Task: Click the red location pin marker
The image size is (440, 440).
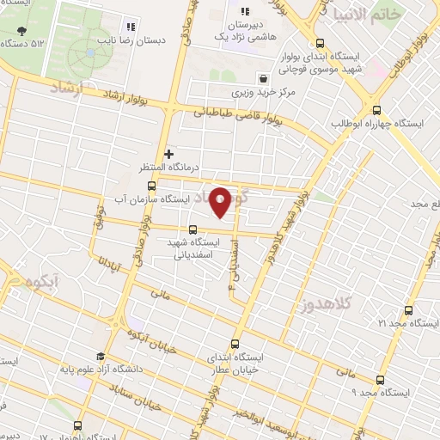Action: point(221,202)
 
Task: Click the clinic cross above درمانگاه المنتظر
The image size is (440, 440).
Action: point(168,153)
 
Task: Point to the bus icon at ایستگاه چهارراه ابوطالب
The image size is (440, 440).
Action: point(376,109)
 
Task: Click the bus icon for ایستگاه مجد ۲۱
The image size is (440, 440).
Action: point(408,310)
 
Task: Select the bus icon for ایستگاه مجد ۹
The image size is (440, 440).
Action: point(380,380)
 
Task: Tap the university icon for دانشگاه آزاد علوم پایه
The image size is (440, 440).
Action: point(101,357)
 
